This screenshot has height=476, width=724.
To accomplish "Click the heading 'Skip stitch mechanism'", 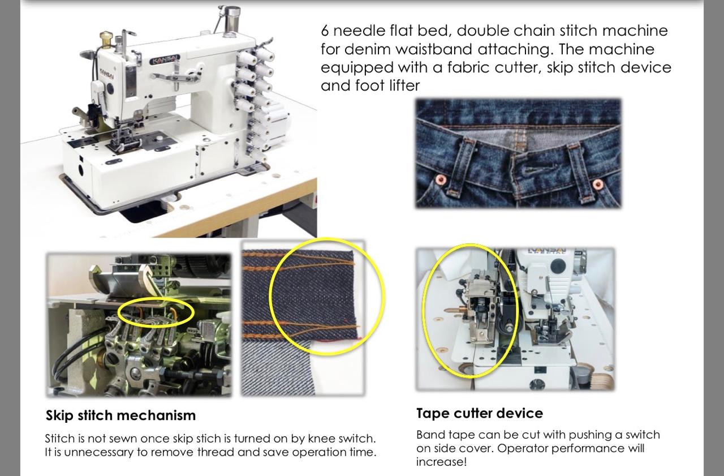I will click(120, 415).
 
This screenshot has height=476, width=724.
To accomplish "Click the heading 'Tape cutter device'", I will click(479, 413).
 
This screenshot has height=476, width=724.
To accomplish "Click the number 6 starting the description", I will click(325, 30).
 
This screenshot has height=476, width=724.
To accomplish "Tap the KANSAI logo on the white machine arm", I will click(165, 59).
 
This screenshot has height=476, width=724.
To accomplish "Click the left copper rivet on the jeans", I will click(441, 180).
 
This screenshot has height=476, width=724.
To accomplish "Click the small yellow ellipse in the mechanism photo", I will click(156, 312).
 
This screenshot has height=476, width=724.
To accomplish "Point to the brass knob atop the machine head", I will click(106, 38).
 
